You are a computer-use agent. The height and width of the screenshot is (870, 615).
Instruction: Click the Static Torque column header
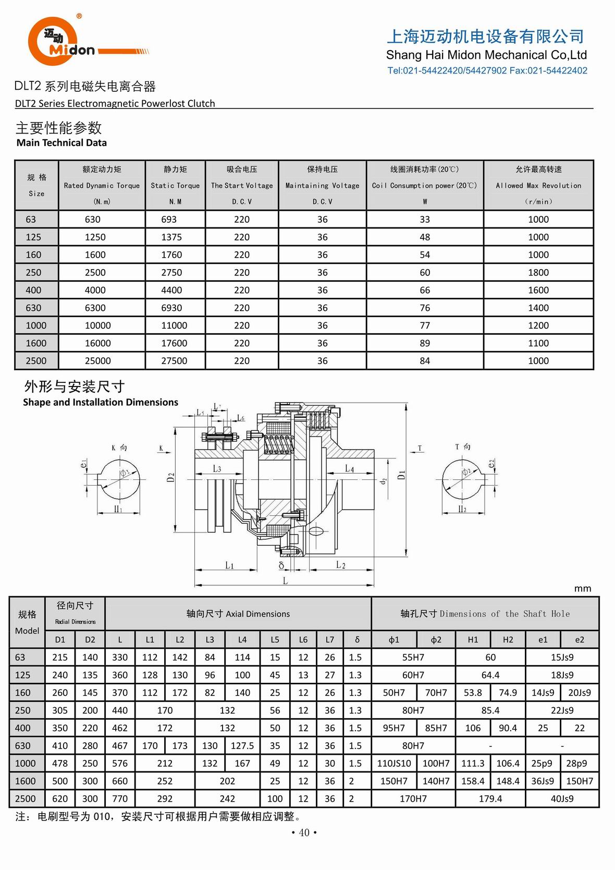point(175,185)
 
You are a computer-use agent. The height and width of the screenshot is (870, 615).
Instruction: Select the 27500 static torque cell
point(174,361)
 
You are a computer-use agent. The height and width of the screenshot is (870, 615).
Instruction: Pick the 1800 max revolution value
point(538,272)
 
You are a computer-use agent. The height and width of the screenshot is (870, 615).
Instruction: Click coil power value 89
point(425,343)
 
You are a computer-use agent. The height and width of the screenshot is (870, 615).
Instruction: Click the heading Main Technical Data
point(62,143)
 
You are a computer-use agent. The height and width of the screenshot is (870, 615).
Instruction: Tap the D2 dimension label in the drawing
point(170,477)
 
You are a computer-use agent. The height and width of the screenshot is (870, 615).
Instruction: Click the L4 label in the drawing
point(349,469)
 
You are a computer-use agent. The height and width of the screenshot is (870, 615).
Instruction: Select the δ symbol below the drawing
point(281,565)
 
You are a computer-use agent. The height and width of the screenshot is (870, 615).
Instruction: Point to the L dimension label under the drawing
point(285,581)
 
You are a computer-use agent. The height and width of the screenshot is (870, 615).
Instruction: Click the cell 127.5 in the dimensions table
point(242,746)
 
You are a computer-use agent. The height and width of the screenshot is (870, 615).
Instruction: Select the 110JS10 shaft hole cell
point(394,764)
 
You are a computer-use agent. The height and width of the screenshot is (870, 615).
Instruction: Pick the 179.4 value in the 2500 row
point(490,799)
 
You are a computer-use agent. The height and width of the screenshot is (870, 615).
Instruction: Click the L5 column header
point(275,639)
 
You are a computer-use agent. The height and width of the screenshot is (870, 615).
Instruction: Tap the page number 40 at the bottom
point(304,832)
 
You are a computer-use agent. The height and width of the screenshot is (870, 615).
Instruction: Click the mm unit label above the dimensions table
point(583,588)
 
